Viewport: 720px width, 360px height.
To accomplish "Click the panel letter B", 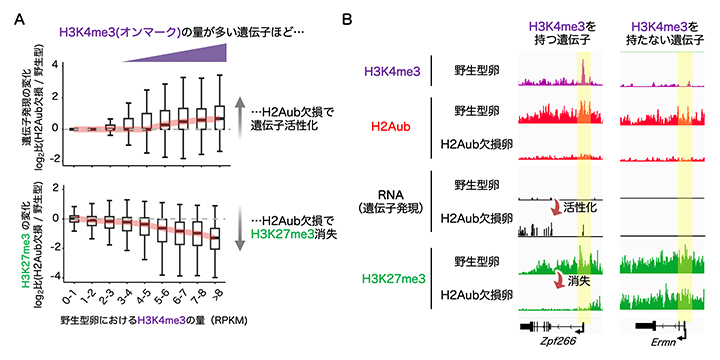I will tap(347, 18).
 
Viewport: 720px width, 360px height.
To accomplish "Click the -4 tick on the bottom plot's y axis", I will tap(49, 275).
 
